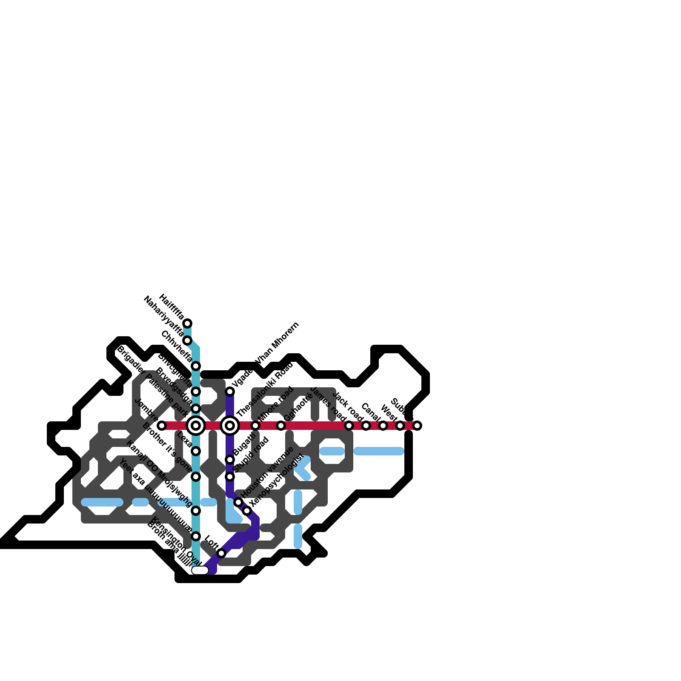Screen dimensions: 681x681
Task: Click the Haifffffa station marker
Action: (187, 323)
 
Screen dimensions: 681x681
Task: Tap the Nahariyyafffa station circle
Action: (187, 340)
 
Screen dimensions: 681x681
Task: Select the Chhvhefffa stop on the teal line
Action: (196, 366)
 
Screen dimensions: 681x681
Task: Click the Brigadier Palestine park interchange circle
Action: (196, 425)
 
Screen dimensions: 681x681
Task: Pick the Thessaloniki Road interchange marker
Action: (230, 425)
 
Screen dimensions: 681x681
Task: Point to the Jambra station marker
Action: (162, 425)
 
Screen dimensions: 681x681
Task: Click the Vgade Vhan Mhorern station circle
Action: (230, 392)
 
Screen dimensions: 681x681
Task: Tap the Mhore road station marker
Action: (255, 425)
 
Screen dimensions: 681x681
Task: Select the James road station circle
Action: (349, 425)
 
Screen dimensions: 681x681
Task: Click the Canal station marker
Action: (383, 425)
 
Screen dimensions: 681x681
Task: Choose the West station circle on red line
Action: (400, 425)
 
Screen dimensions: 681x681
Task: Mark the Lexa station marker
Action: (196, 451)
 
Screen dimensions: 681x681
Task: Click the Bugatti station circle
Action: (230, 460)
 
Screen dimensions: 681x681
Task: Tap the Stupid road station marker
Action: (230, 477)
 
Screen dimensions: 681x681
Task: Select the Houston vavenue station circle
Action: (238, 502)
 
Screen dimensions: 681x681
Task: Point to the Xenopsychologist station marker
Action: (247, 511)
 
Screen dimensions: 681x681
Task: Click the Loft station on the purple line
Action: (221, 553)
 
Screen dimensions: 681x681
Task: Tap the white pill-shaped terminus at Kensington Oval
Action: (200, 570)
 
